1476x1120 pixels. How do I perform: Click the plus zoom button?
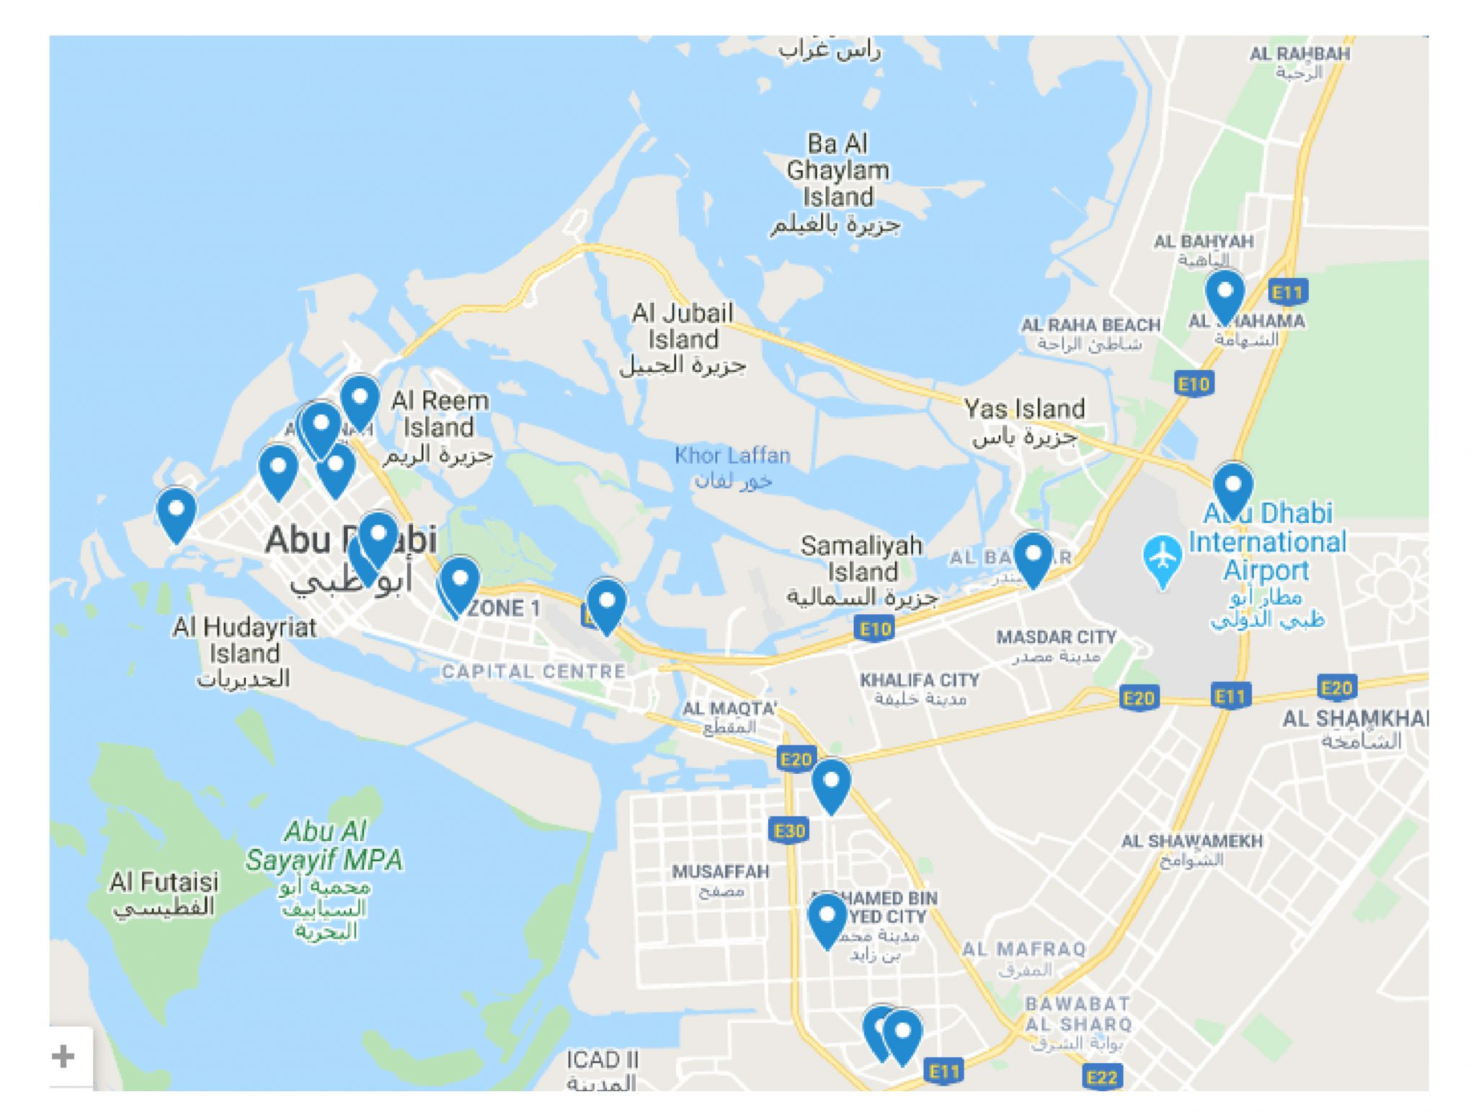click(x=63, y=1056)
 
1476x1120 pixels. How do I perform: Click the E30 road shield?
click(x=789, y=831)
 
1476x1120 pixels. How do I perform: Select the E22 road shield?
click(x=1102, y=1077)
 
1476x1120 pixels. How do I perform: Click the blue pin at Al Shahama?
click(x=1224, y=293)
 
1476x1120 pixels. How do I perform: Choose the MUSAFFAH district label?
click(x=721, y=871)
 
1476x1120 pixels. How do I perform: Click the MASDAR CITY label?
click(x=1056, y=637)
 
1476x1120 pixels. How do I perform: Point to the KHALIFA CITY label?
click(x=920, y=680)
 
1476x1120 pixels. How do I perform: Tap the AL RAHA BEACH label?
click(x=1090, y=325)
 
